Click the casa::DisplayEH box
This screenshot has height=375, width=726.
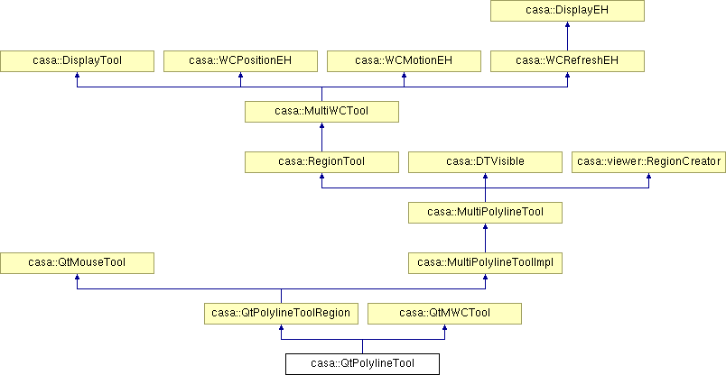567,11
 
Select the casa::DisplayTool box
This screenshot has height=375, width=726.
77,61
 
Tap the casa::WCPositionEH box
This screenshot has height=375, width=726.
240,61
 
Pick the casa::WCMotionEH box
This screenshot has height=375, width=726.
404,61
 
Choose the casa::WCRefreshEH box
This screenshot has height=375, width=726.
567,61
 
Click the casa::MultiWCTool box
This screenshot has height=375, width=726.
321,112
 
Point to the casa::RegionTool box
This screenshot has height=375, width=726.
321,162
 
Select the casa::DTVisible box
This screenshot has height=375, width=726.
485,162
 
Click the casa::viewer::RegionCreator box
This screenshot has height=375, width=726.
648,162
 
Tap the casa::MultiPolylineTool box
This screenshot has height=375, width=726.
485,213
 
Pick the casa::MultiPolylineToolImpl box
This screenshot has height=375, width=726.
485,263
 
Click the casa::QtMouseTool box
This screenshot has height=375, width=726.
77,263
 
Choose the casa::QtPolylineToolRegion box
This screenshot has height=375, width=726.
281,314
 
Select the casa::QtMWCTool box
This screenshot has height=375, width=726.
444,314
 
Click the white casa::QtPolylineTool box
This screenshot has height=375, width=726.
362,364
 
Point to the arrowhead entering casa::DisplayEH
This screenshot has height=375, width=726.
567,24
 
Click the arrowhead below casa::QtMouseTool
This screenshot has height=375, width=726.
77,277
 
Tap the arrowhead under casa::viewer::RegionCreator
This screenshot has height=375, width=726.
648,176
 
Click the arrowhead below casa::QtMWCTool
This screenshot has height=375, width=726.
444,327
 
